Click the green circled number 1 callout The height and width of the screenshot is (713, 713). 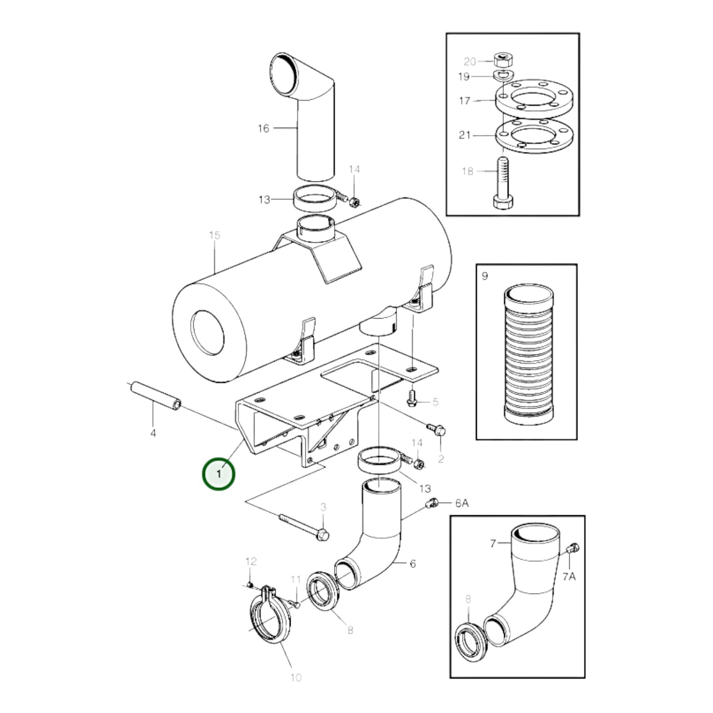coord(219,474)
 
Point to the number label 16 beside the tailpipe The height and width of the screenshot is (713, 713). coord(263,128)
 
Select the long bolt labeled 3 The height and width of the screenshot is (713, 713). coord(304,525)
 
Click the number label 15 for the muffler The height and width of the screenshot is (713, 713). coord(214,235)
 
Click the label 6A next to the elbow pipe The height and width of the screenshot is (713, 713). coord(461,503)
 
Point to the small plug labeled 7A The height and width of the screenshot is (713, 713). coord(574,548)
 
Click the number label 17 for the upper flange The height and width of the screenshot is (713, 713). coord(464,101)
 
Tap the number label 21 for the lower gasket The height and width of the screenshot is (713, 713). coord(464,135)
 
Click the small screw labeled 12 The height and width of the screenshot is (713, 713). coord(250,585)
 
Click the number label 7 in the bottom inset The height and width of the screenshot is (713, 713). coord(492,544)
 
